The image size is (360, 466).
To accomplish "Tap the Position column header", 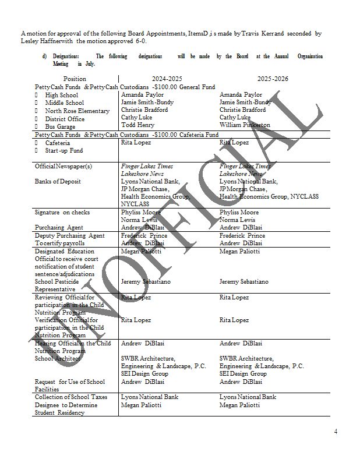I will pos(75,79).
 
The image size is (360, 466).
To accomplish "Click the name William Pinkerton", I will pos(245,125).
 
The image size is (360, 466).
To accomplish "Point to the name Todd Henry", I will pos(137,125).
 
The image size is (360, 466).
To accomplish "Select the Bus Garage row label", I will pos(60,126).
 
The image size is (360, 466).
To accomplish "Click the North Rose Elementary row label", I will pos(77,111).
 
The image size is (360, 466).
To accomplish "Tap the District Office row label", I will pos(65,119).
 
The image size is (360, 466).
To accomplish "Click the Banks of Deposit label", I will pos(58,181).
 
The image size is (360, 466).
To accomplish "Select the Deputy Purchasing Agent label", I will pos(69,235).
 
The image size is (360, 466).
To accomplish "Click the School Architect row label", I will pos(58,358).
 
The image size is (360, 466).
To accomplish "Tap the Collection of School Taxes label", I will pos(70,397).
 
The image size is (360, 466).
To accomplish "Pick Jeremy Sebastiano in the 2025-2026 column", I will pos(244,281).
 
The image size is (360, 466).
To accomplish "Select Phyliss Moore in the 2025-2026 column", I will pos(239,212).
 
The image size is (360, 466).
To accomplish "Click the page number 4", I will pos(336,432).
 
